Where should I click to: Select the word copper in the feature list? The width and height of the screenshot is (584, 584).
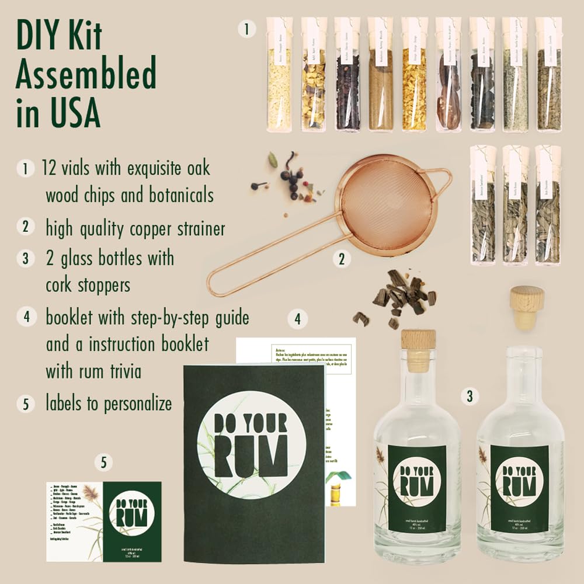pyautogui.click(x=153, y=228)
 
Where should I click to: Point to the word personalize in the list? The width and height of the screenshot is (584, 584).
pyautogui.click(x=138, y=404)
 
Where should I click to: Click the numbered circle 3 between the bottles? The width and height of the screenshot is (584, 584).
pyautogui.click(x=469, y=397)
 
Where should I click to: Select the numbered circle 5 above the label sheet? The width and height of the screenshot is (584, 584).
pyautogui.click(x=103, y=463)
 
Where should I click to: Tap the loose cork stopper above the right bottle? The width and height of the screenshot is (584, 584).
pyautogui.click(x=526, y=306)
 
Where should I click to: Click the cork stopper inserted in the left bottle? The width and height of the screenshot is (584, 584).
pyautogui.click(x=418, y=348)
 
